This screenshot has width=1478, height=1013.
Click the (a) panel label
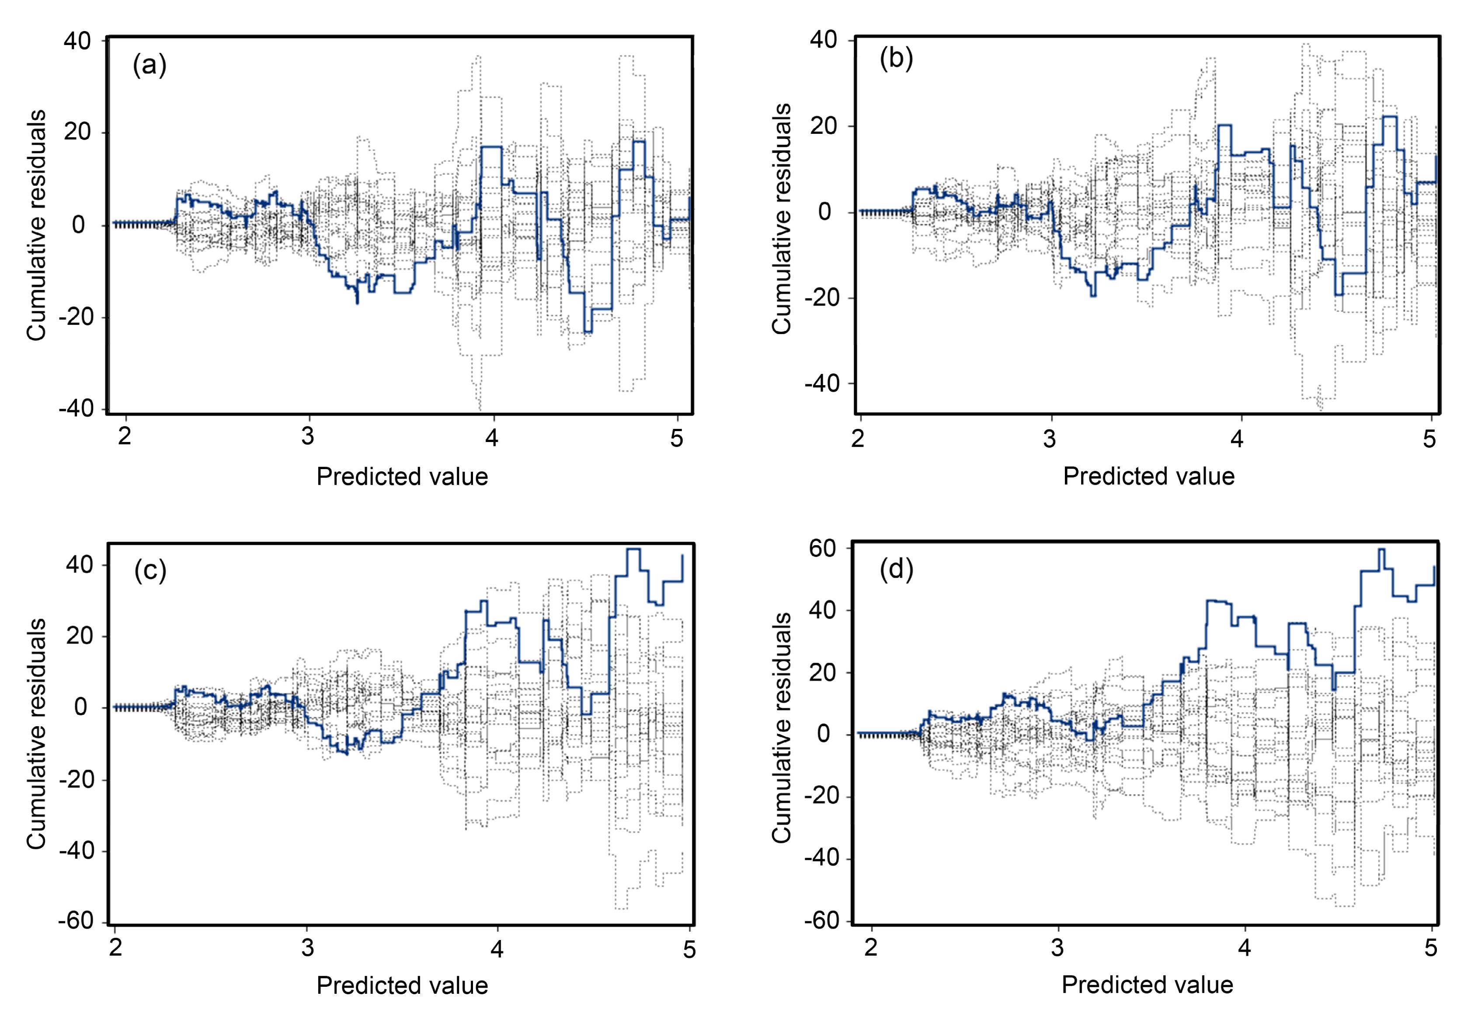[x=150, y=66]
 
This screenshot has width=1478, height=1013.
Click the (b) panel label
[x=896, y=59]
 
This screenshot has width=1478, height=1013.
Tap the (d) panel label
[x=896, y=570]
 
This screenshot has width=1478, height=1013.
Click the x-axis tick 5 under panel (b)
[x=1429, y=439]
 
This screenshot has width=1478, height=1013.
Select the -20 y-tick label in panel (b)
[x=822, y=298]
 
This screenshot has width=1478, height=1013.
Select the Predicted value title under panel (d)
[x=1147, y=985]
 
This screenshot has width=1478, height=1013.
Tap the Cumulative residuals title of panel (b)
[x=782, y=218]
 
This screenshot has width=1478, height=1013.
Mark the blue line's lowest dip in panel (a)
[x=588, y=332]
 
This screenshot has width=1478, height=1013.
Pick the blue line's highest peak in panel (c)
[x=633, y=550]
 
